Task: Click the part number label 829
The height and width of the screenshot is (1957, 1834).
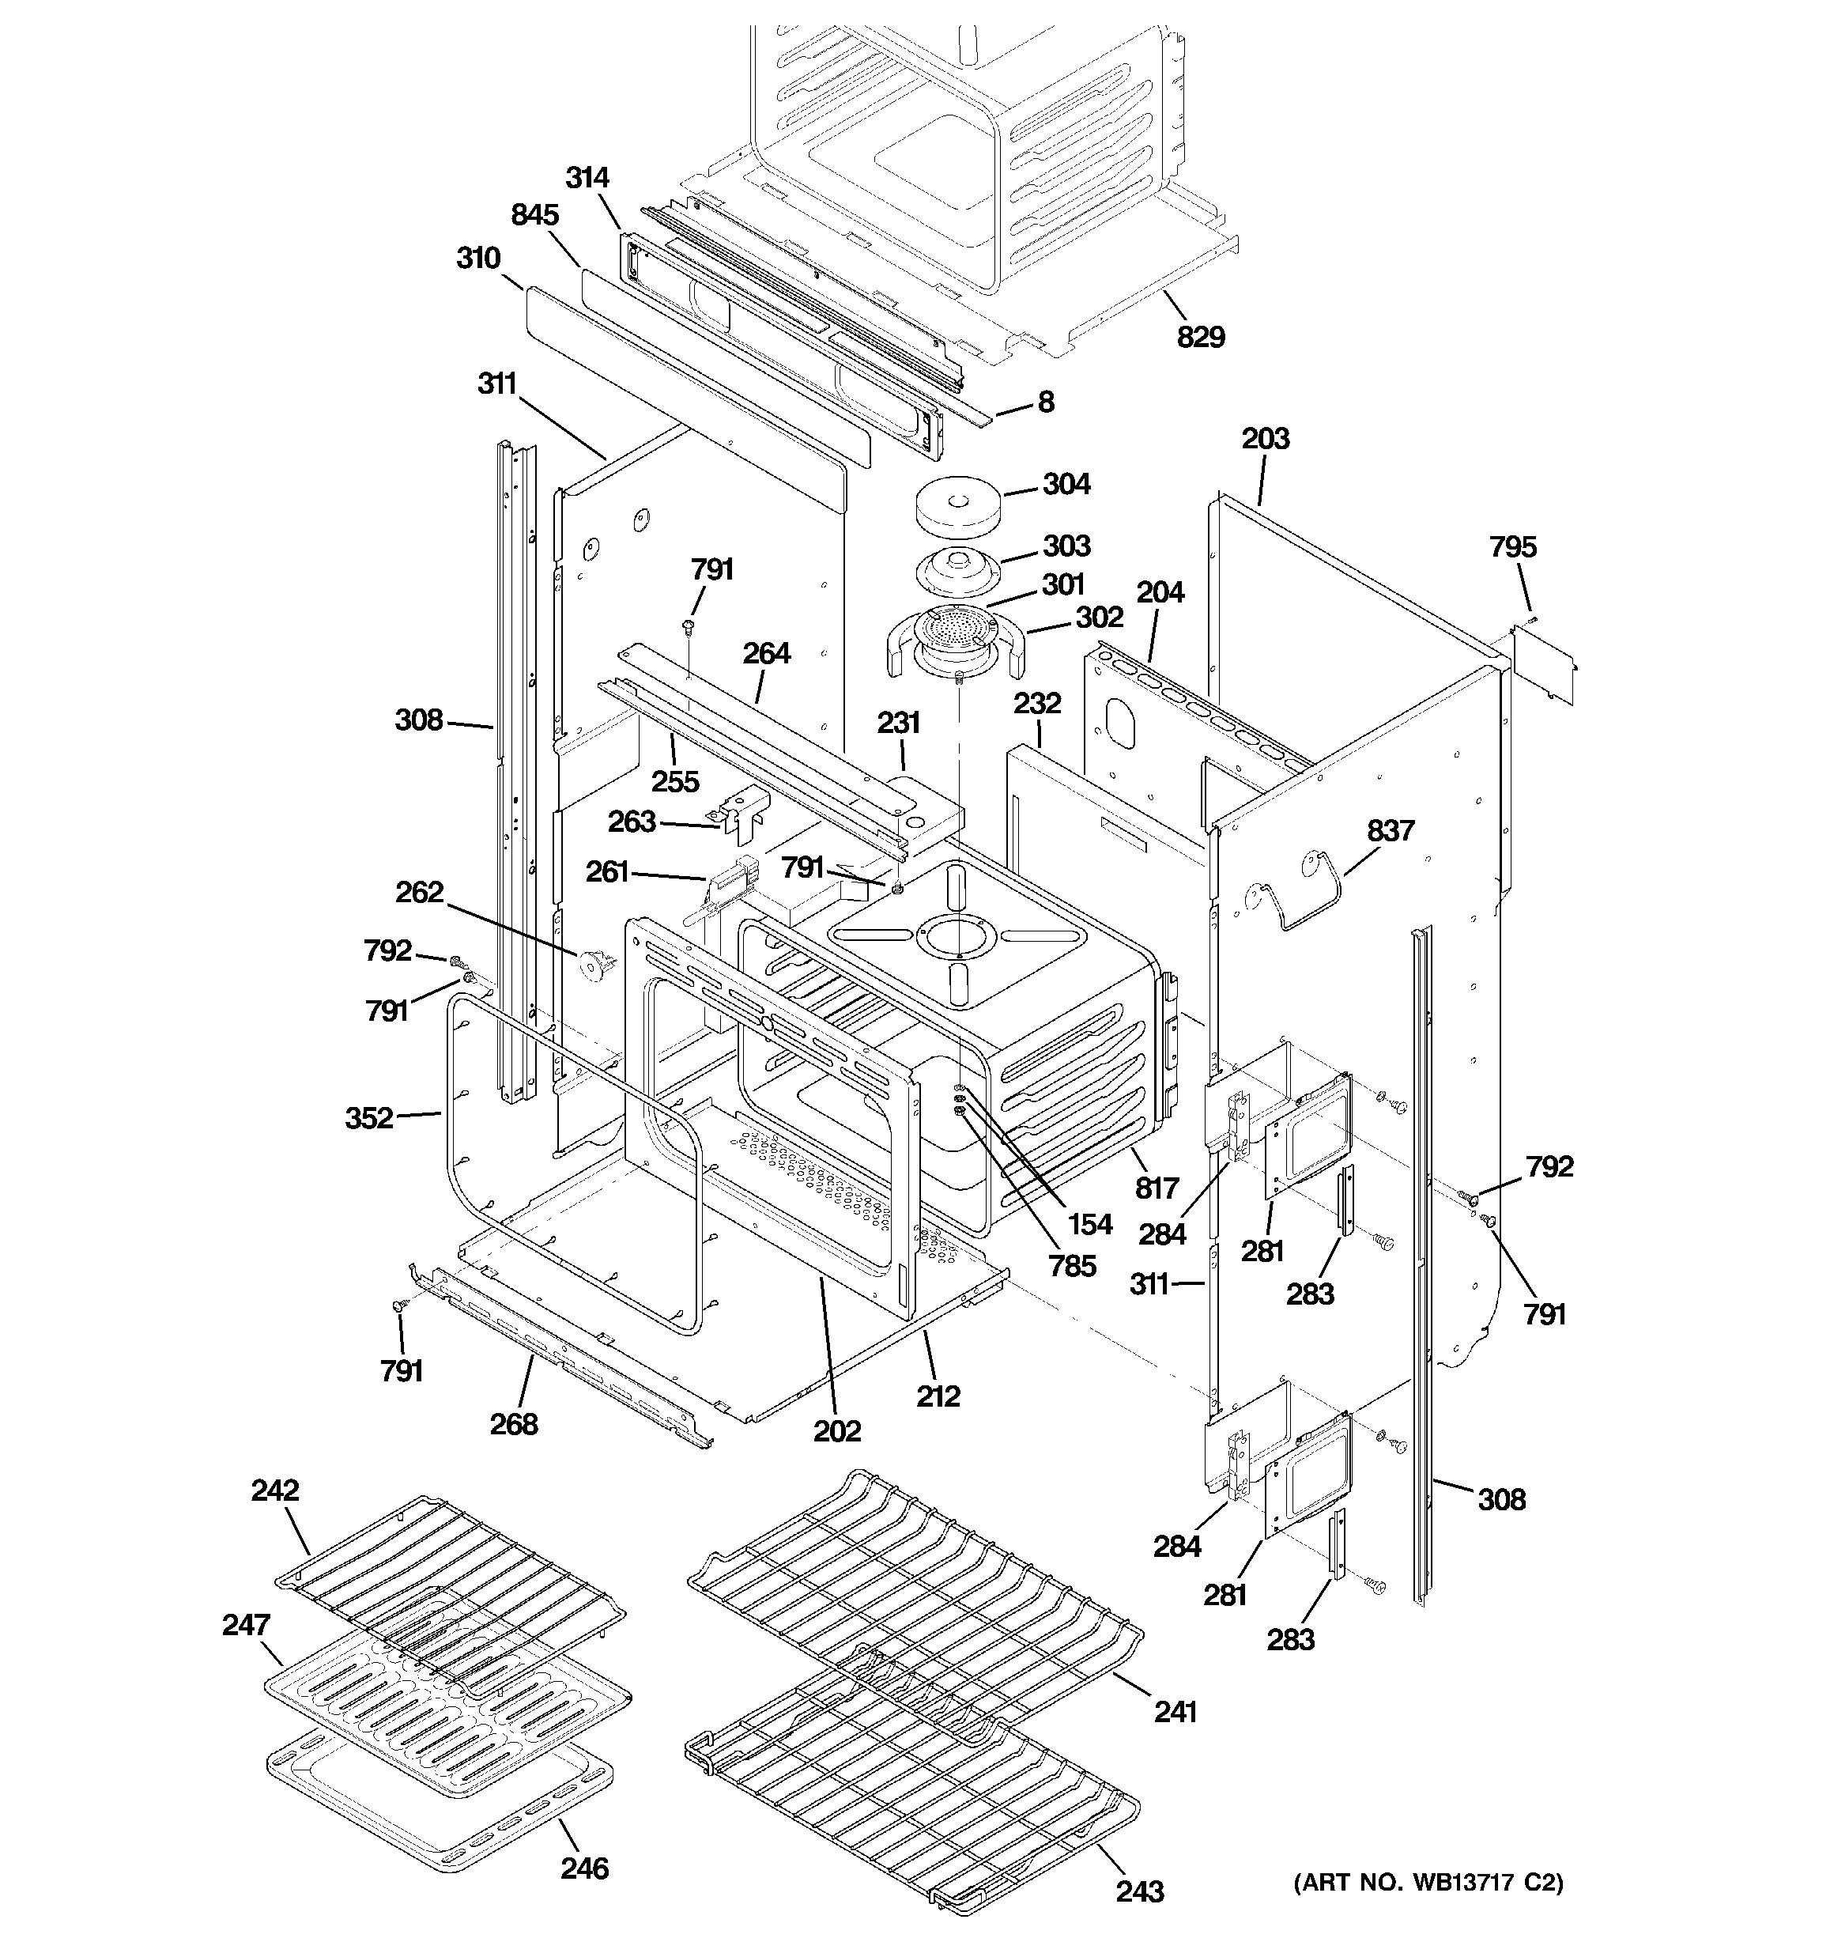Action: [1200, 337]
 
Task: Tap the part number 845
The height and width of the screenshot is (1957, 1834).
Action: [534, 214]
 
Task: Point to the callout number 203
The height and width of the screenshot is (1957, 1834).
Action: [1265, 438]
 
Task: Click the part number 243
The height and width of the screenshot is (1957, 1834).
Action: [1140, 1891]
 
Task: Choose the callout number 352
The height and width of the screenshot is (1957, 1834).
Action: [369, 1117]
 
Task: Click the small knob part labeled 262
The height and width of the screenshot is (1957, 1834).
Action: [594, 965]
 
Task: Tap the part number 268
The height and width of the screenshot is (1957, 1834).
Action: [514, 1423]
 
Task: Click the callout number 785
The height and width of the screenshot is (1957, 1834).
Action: [1072, 1265]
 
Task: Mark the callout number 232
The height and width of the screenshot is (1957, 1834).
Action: [1038, 703]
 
